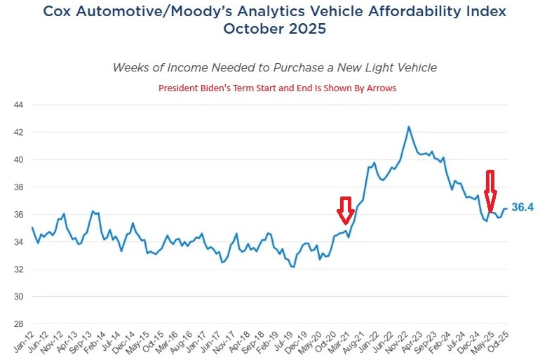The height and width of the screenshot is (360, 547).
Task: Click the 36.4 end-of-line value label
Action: click(x=522, y=208)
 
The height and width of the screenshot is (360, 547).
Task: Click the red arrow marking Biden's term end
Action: click(x=490, y=190)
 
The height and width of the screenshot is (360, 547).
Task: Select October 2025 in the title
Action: click(x=274, y=29)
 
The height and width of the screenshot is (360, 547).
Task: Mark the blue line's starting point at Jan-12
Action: click(x=32, y=227)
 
